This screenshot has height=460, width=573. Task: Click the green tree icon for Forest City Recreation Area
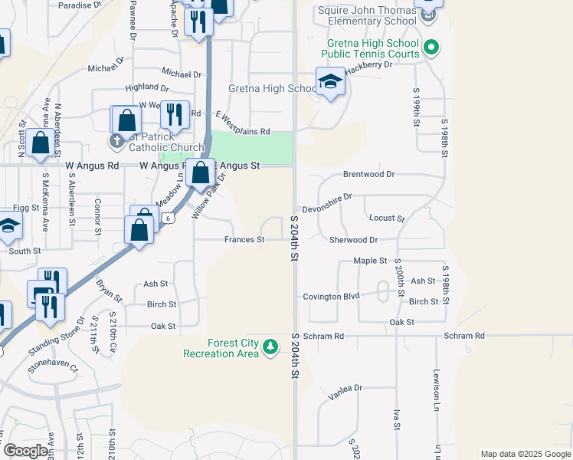270,348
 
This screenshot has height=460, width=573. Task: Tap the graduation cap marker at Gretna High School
330,82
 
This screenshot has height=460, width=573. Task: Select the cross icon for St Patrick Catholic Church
116,141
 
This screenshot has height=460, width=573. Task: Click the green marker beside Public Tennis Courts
431,48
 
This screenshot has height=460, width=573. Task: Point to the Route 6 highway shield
168,219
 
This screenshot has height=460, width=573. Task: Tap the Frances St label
244,240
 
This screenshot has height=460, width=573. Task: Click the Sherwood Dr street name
353,240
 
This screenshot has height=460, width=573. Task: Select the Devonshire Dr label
326,197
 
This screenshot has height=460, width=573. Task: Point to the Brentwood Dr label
368,174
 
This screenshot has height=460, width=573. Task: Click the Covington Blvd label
331,297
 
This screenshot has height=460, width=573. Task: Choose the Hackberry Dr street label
368,65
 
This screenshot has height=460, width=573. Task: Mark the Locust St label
386,219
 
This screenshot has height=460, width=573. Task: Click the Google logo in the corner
26,451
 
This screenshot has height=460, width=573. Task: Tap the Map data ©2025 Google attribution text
526,455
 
